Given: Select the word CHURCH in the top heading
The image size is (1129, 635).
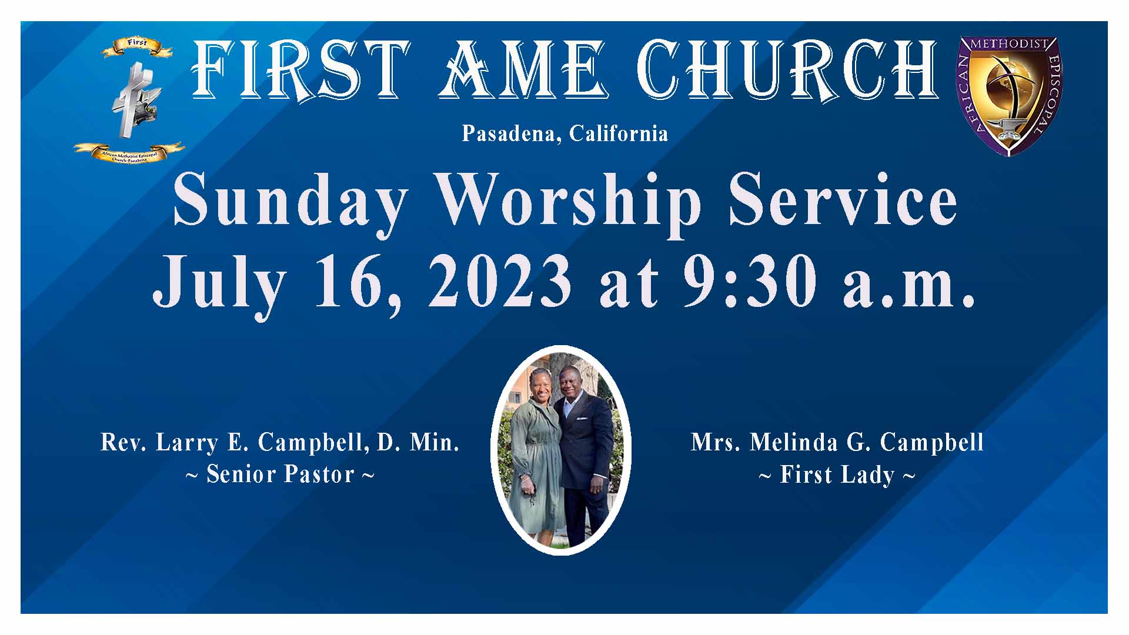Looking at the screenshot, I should pyautogui.click(x=788, y=71).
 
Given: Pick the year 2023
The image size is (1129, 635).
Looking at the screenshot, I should pyautogui.click(x=500, y=282).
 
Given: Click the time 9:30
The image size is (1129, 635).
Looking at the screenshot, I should pyautogui.click(x=749, y=282).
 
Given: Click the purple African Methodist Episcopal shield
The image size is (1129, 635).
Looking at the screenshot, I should pyautogui.click(x=1009, y=95).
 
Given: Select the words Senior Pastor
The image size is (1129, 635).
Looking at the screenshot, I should pyautogui.click(x=280, y=474).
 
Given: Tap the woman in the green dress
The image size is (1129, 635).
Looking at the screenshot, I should pyautogui.click(x=535, y=459).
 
